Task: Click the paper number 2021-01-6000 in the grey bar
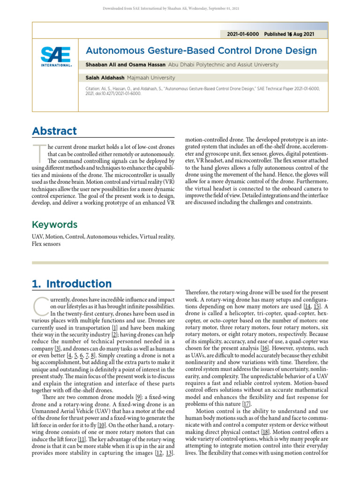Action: [x=242, y=34]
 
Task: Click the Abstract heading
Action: [x=54, y=131]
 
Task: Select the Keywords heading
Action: [x=54, y=225]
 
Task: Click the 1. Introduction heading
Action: [x=72, y=284]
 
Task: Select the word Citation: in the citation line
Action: [x=95, y=89]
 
